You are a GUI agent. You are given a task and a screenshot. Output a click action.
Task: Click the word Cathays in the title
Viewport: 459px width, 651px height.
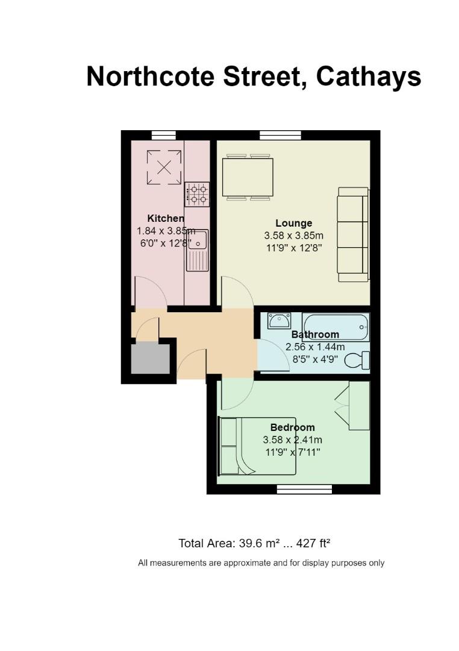click(369, 77)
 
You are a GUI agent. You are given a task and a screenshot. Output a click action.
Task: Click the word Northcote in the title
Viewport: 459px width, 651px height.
click(151, 76)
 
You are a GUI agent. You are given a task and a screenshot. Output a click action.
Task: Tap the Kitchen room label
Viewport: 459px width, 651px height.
click(166, 218)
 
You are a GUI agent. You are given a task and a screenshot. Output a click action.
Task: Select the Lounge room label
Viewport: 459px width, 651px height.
click(293, 224)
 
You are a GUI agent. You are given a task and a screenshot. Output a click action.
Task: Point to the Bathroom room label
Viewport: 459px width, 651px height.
click(315, 335)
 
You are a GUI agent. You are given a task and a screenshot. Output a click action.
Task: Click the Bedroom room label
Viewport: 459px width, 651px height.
click(292, 427)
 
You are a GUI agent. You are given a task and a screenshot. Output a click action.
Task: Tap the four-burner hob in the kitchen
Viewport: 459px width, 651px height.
click(197, 194)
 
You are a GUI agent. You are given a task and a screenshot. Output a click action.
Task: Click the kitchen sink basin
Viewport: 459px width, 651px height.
click(198, 239)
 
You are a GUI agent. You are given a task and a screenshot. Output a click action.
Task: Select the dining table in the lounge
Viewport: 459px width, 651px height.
click(248, 177)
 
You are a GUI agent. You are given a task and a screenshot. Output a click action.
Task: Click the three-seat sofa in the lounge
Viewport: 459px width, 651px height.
click(353, 234)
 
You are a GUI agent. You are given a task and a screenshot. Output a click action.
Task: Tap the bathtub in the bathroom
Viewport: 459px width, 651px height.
click(336, 327)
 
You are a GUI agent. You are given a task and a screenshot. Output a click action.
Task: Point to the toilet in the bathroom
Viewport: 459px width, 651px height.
click(357, 360)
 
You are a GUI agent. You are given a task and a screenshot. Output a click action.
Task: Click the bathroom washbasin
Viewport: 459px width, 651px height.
click(279, 321)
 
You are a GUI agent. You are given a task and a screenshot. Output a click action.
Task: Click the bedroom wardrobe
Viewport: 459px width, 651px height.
click(358, 406)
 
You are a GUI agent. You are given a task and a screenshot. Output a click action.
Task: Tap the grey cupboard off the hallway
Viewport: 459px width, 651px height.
click(151, 358)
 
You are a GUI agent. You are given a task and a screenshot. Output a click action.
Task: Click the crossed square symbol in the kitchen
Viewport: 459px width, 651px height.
click(164, 168)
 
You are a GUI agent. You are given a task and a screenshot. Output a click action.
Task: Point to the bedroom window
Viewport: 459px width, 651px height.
click(304, 489)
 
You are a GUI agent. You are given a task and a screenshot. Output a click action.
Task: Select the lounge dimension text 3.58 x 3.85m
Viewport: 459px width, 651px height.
click(293, 236)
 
